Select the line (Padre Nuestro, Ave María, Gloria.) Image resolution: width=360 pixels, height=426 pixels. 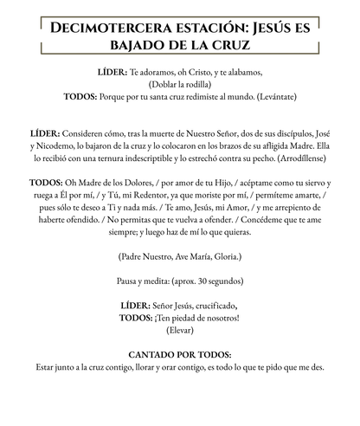coord(179,257)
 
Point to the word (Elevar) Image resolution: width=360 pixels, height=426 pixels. coord(180,330)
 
